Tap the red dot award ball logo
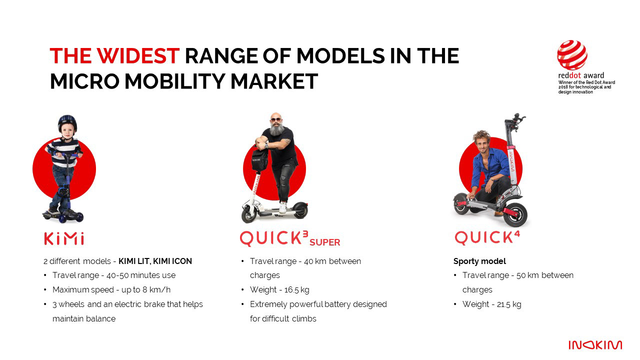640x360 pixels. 572,55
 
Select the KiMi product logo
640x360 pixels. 64,238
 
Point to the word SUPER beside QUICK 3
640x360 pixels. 324,242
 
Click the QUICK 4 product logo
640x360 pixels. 487,237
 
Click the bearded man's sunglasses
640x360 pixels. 275,119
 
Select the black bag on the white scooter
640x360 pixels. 259,160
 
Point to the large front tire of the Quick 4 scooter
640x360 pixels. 515,215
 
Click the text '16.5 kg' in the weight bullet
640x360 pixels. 296,289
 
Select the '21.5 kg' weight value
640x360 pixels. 509,304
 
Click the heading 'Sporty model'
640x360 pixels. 479,261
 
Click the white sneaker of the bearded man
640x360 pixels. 282,207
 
